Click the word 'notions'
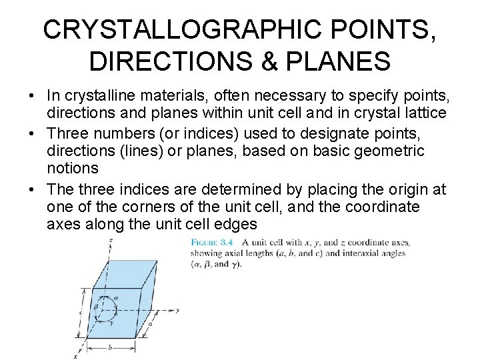[73, 167]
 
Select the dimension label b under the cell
[109, 347]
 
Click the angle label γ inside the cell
[110, 321]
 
